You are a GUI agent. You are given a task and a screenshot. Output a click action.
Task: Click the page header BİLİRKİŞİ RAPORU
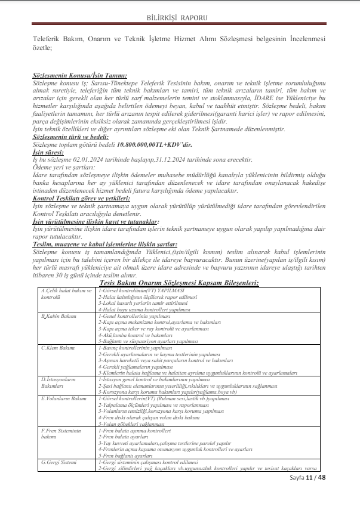coord(180,10)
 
